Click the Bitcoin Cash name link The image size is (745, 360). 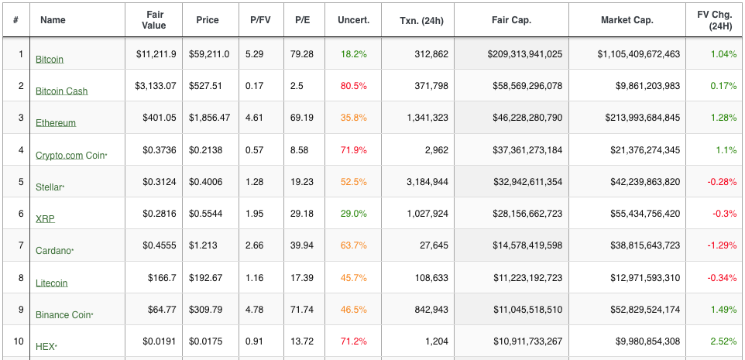pyautogui.click(x=62, y=91)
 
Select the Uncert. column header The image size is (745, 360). pyautogui.click(x=353, y=20)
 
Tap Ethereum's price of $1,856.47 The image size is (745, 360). pyautogui.click(x=210, y=118)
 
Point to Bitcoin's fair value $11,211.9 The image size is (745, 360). pyautogui.click(x=156, y=54)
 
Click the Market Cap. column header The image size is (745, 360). pyautogui.click(x=627, y=20)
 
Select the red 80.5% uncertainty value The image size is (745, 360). pyautogui.click(x=353, y=86)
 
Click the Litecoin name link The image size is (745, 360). pyautogui.click(x=52, y=283)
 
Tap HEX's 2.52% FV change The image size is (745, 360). pyautogui.click(x=723, y=341)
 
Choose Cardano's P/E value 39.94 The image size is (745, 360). pyautogui.click(x=302, y=245)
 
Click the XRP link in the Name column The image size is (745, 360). pyautogui.click(x=45, y=219)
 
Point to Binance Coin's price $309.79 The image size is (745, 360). pyautogui.click(x=206, y=309)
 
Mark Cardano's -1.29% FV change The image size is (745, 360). pyautogui.click(x=723, y=245)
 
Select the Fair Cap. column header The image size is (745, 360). pyautogui.click(x=512, y=20)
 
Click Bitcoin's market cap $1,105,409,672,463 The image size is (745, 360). pyautogui.click(x=639, y=54)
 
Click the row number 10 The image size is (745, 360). pyautogui.click(x=19, y=341)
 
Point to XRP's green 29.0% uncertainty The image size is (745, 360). pyautogui.click(x=353, y=214)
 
